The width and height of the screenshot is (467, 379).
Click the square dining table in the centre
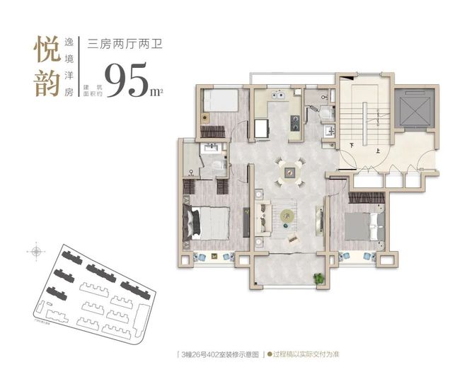coord(290,170)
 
